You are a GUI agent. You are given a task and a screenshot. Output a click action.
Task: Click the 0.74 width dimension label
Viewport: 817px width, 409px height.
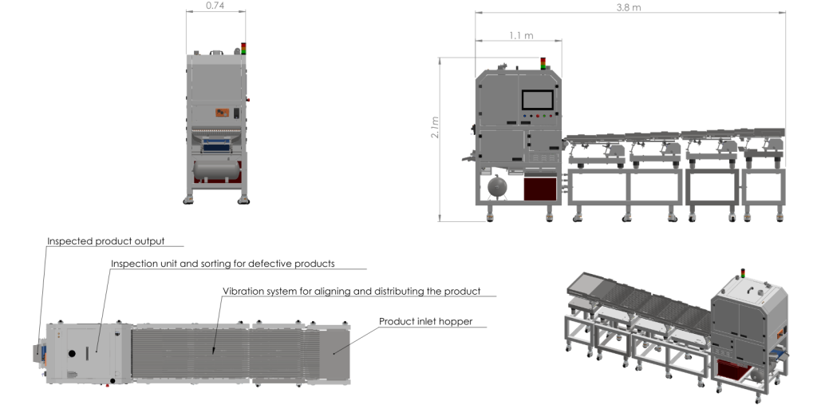tap(215, 6)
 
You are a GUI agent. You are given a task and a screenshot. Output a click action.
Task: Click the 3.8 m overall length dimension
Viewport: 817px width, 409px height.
tap(629, 7)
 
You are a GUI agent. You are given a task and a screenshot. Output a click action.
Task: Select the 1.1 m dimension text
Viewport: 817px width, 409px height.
tap(521, 35)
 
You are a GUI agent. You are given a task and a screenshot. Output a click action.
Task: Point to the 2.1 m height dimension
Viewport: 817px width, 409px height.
tap(435, 127)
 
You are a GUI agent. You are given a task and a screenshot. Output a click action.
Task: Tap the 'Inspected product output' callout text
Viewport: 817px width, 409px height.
tap(106, 241)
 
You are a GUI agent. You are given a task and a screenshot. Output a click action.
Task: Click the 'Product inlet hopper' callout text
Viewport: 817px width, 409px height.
tap(426, 321)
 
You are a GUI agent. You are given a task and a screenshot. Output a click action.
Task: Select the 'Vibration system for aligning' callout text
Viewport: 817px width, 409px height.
tap(351, 291)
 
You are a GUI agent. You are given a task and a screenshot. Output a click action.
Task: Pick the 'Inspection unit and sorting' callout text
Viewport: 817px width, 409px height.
tap(223, 264)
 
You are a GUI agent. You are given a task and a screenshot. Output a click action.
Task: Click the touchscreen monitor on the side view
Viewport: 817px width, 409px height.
tap(538, 100)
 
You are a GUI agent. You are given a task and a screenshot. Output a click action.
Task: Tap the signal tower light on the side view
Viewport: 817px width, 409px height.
tap(543, 63)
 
